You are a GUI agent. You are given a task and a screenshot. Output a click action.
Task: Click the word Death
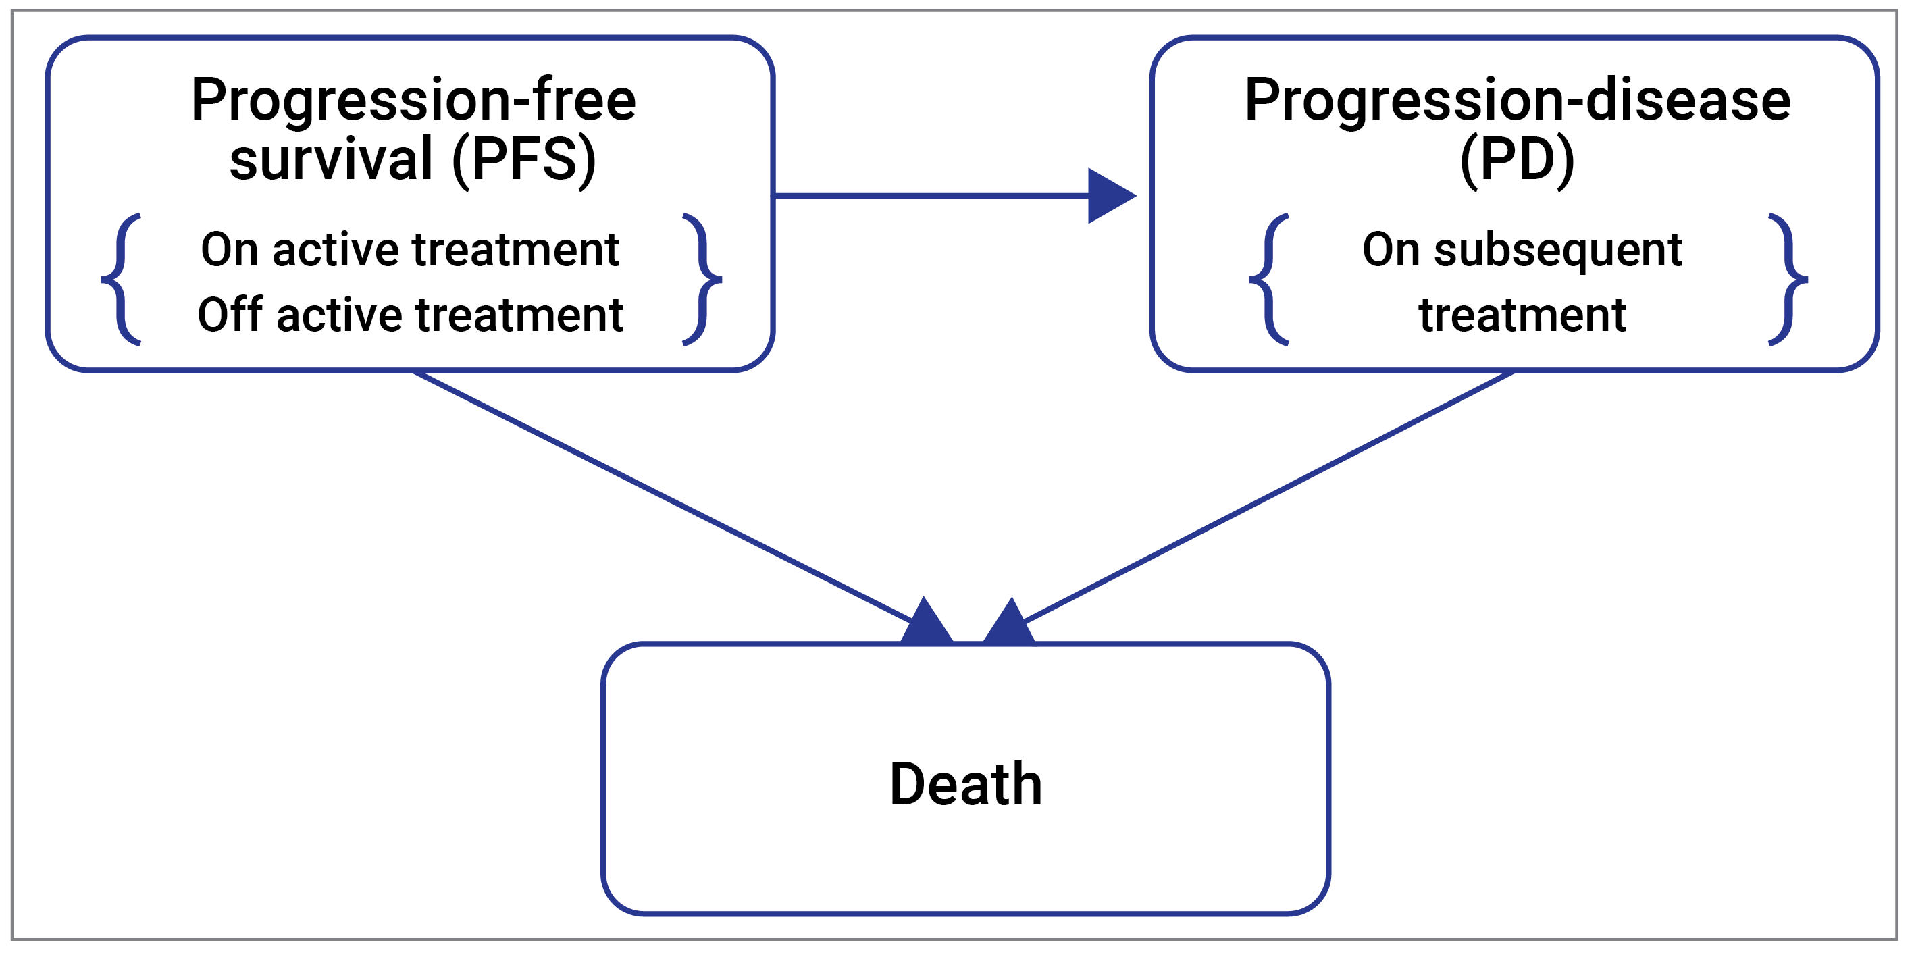[965, 785]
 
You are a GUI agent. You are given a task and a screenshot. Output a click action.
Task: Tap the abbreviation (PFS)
[524, 160]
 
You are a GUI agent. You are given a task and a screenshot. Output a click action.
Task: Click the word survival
[332, 160]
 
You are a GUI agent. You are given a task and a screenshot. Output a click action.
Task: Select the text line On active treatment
[409, 250]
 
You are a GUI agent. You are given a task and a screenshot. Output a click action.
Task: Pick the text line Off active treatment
[409, 315]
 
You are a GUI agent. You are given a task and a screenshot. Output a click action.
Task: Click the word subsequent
[1557, 251]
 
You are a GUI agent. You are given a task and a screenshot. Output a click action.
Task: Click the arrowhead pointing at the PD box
[1108, 196]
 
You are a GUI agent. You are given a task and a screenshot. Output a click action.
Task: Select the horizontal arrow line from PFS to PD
[929, 196]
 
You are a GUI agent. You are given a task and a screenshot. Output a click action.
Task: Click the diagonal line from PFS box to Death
[661, 496]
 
